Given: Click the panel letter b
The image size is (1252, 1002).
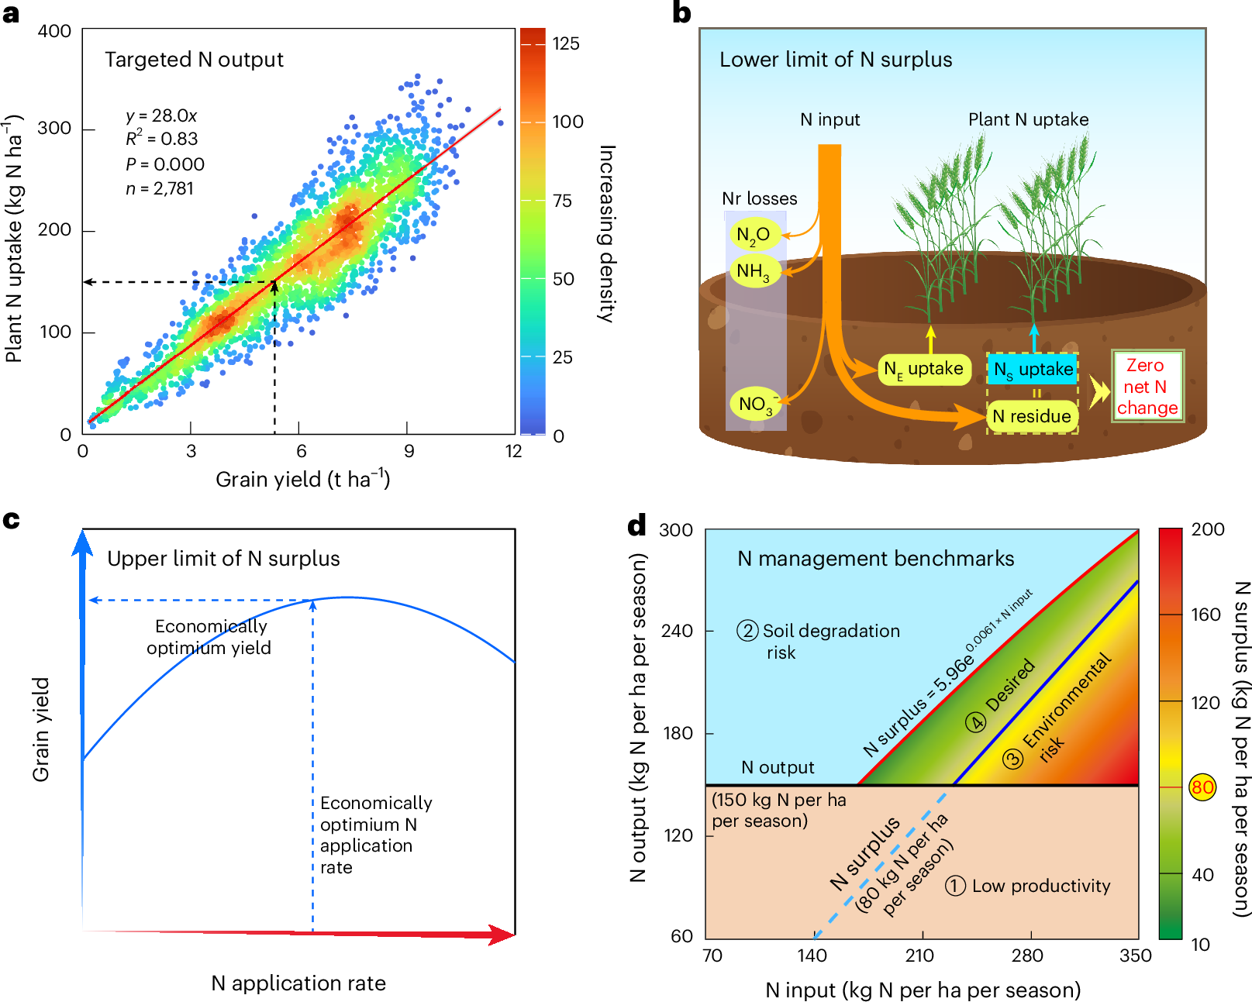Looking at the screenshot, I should click(681, 13).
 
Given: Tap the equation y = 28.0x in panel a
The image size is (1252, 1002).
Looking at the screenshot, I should click(161, 116).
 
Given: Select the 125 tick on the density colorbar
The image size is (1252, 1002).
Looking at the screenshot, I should click(566, 44).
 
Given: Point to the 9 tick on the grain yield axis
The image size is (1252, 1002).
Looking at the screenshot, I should click(409, 451).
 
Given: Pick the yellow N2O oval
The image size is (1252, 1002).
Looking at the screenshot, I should click(753, 234).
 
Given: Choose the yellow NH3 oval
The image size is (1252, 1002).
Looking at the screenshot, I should click(753, 271).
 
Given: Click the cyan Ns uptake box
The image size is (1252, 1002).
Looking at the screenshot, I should click(1033, 370).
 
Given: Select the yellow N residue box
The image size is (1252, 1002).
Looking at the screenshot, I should click(1031, 416).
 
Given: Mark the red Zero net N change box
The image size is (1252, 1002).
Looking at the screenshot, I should click(1147, 387).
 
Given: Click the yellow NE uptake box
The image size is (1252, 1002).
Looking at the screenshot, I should click(923, 369).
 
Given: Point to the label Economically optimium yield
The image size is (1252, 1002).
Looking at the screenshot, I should click(209, 637).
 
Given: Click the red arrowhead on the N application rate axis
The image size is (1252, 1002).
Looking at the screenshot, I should click(501, 935).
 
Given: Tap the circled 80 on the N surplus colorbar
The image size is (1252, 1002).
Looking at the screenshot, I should click(1202, 788).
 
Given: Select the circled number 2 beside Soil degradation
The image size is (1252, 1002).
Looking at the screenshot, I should click(747, 631).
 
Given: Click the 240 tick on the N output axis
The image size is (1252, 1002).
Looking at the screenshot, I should click(677, 631).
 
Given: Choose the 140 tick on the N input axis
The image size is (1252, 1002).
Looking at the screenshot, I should click(812, 956).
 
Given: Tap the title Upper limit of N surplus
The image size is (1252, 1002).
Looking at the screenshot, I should click(223, 559).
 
